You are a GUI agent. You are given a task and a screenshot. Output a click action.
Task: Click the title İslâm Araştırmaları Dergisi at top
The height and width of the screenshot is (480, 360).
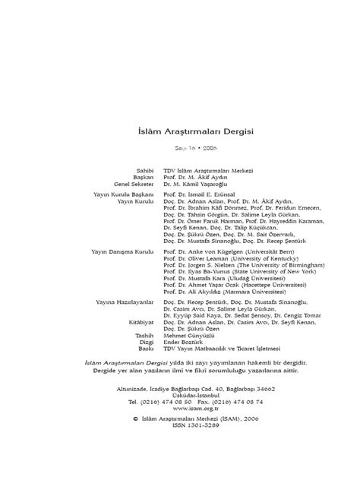(180, 131)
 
